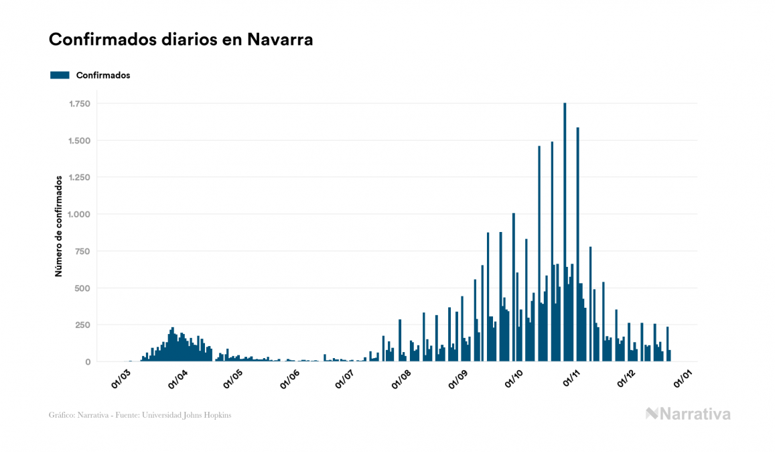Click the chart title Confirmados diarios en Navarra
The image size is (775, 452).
pos(181,40)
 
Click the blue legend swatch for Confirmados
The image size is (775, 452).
pos(60,75)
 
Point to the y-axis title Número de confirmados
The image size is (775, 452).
pos(59,226)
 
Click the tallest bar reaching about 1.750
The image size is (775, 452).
pos(565,235)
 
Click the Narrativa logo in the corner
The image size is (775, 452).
pos(688,414)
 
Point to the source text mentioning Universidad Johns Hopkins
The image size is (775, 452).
pos(140,415)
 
